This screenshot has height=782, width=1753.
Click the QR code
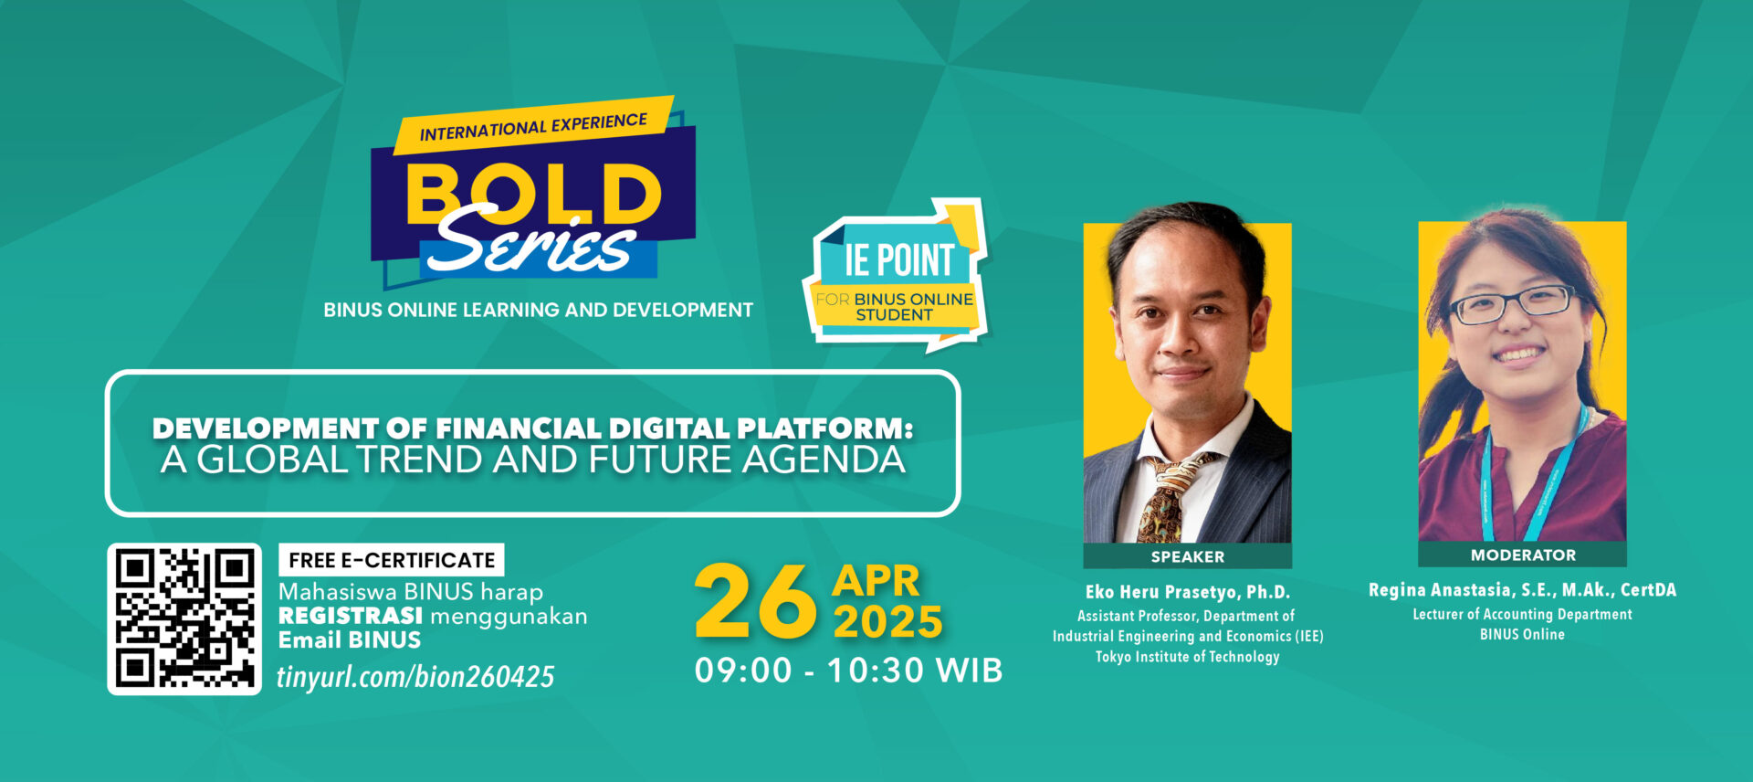[184, 618]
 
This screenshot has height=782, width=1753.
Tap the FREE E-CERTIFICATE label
[392, 560]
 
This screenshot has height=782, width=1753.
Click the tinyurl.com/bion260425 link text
[415, 676]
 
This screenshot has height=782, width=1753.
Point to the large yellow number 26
[755, 601]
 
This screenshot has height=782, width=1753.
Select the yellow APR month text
[876, 582]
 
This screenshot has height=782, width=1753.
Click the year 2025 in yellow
[887, 623]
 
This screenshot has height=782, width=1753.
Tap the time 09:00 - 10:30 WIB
[848, 671]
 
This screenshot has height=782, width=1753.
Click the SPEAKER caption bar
[1187, 556]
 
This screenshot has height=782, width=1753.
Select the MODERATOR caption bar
[1522, 555]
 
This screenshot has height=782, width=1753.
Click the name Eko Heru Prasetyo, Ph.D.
[1187, 592]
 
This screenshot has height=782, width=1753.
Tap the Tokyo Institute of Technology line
[1187, 657]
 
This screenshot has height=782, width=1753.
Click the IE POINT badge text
[899, 260]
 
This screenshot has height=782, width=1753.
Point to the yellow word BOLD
[534, 194]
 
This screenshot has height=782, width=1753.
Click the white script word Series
[530, 242]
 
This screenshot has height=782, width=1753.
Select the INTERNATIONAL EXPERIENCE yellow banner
[534, 126]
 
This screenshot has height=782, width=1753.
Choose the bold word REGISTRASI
[351, 616]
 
